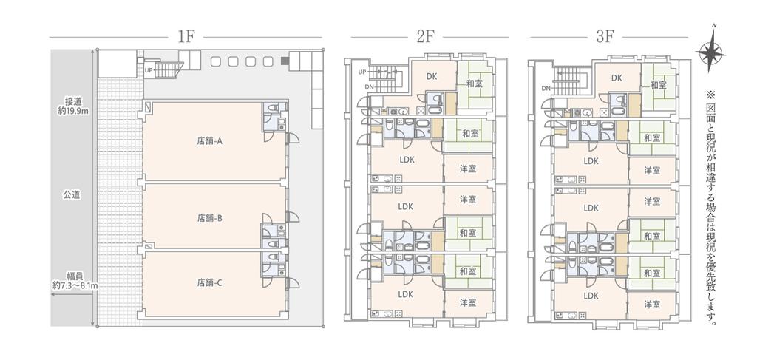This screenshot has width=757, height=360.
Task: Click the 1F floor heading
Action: pos(186,37)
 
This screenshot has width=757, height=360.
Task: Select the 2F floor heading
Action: pos(425,37)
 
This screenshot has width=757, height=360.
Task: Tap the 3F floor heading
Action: pos(605,37)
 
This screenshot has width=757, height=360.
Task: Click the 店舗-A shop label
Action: pos(209,141)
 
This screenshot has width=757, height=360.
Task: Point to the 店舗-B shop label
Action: pos(209,218)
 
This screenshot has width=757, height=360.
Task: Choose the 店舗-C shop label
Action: pos(209,283)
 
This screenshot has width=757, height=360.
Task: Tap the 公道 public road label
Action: pos(72,195)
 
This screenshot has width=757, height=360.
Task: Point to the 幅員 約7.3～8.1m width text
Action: pos(75,281)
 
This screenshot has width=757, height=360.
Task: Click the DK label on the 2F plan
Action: pos(432,76)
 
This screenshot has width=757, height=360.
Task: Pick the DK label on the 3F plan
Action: pos(617,78)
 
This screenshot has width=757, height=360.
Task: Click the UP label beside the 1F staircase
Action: pos(149,70)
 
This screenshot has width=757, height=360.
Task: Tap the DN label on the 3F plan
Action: pos(546,88)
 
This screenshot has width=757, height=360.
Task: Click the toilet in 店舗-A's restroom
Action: pos(271,109)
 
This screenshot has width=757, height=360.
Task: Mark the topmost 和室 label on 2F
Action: pos(475,84)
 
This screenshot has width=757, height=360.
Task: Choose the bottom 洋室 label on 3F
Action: pos(652,305)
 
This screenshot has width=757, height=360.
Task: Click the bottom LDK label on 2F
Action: pos(406,294)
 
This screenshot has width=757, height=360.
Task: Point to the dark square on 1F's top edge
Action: pos(285,61)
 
